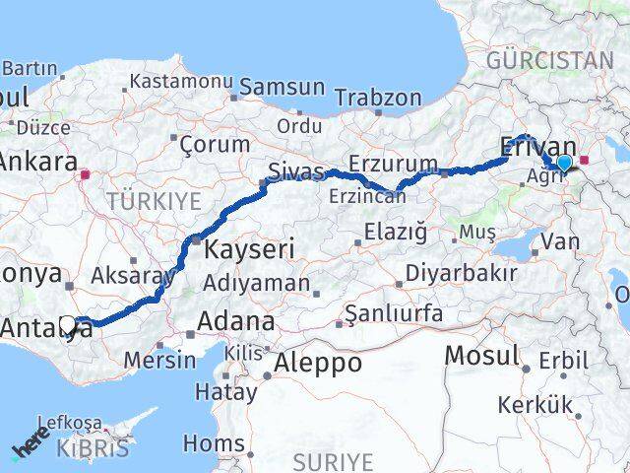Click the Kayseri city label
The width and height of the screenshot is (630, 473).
click(x=248, y=249)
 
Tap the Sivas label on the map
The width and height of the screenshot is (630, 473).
click(x=296, y=172)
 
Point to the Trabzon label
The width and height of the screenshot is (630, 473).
click(x=378, y=99)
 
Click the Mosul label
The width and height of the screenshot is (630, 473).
click(x=482, y=355)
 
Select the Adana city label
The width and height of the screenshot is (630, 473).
click(x=236, y=321)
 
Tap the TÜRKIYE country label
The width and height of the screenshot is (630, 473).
click(x=154, y=202)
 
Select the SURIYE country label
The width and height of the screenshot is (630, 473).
click(x=334, y=461)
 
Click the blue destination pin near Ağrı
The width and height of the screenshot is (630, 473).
click(x=563, y=163)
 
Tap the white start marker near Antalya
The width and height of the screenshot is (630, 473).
click(x=67, y=323)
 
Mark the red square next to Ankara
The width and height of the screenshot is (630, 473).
click(x=86, y=175)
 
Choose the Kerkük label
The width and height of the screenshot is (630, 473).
click(x=535, y=404)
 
